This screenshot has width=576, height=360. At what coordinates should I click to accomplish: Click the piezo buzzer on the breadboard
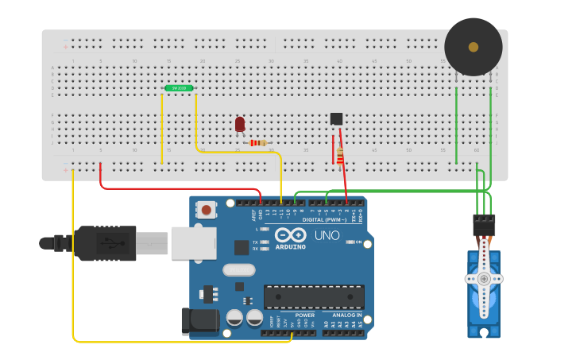pos(473,47)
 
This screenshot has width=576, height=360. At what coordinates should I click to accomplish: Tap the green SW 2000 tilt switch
pos(179,88)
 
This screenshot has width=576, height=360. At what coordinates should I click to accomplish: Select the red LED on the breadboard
pos(240,124)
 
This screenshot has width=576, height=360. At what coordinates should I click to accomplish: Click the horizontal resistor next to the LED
pos(258,143)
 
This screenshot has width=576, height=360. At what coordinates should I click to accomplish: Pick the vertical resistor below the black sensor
pos(340,157)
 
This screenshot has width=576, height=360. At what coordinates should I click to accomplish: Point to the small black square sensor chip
pos(336,119)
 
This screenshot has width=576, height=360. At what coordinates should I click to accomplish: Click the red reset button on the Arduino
pos(207,210)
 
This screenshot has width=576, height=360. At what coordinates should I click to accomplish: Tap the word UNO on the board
pos(327,236)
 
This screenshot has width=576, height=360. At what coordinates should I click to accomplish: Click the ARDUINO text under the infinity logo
pos(290,246)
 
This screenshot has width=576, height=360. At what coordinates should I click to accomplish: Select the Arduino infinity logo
pos(290,235)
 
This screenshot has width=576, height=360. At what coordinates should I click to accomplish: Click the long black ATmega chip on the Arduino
pos(314,296)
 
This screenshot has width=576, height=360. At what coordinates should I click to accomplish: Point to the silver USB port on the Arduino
pos(193,242)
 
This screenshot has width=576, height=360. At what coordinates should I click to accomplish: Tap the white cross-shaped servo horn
pos(483,279)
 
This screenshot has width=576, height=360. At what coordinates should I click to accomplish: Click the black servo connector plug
pos(484,226)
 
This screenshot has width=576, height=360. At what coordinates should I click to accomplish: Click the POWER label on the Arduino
pos(304,315)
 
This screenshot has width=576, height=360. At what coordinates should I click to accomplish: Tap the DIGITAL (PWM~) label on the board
pos(324,219)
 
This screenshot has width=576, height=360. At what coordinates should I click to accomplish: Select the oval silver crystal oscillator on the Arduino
pos(238,269)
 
